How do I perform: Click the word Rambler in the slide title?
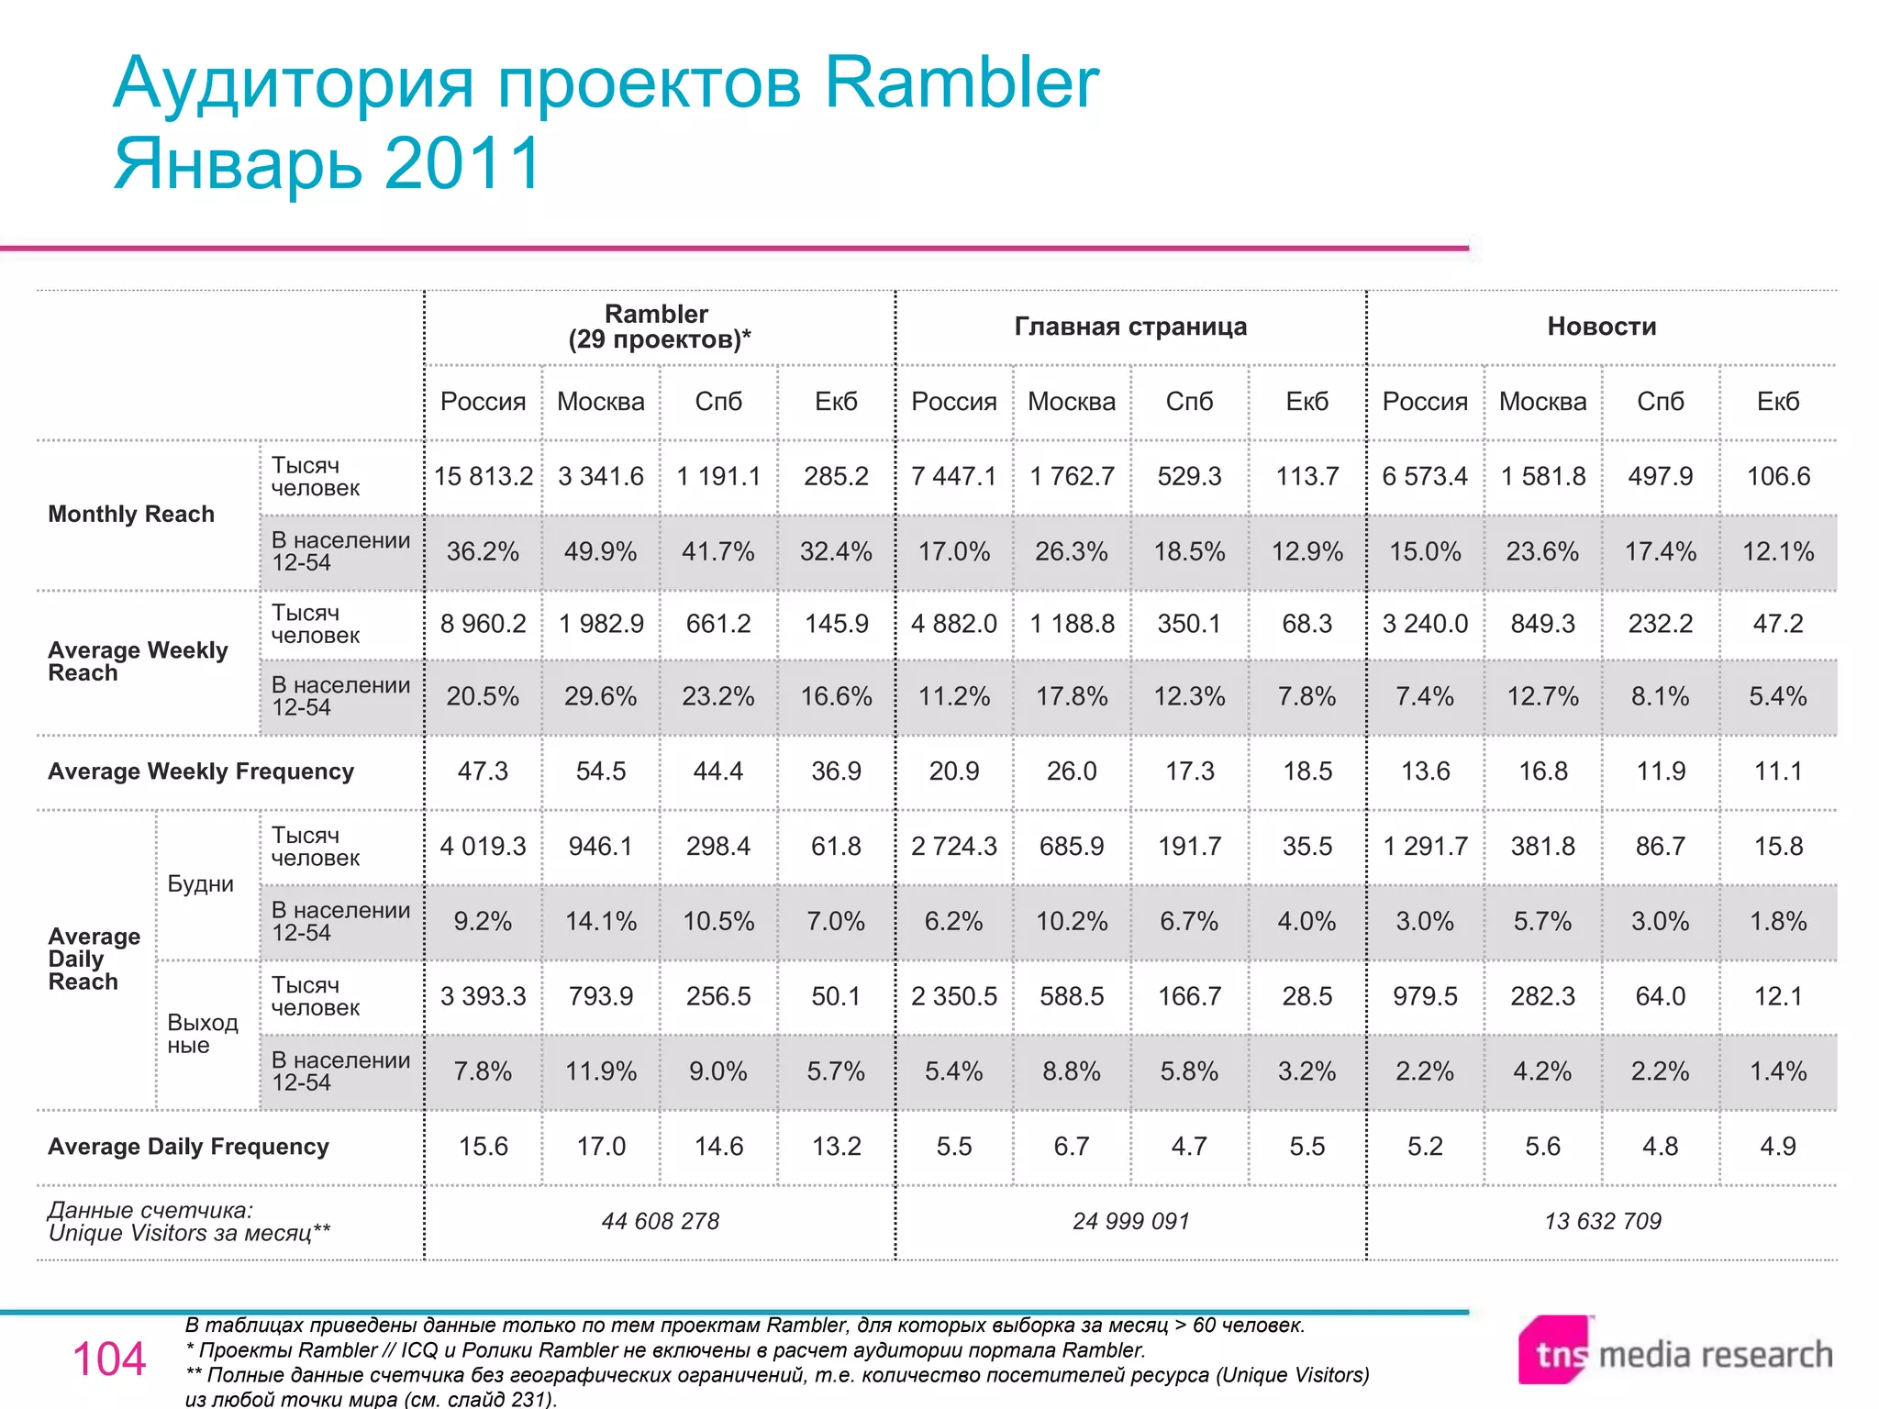pos(961,83)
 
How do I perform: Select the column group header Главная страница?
pos(1130,327)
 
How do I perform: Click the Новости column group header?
pos(1601,327)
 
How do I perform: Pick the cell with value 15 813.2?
pos(484,476)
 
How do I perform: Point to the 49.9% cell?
pos(600,551)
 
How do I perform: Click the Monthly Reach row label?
pos(131,514)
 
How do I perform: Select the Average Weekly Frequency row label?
pos(201,771)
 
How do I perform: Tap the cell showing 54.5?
pos(600,771)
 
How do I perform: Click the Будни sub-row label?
pos(200,884)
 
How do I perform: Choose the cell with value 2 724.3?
pos(953,846)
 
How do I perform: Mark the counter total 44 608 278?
pos(660,1221)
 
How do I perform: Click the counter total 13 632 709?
pos(1602,1221)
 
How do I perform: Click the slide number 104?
pos(109,1359)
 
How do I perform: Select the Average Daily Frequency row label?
pos(188,1147)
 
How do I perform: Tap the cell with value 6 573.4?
pos(1424,476)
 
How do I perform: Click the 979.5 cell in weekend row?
pos(1424,996)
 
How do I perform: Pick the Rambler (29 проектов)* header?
pos(659,327)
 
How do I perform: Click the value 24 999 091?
pos(1130,1221)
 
